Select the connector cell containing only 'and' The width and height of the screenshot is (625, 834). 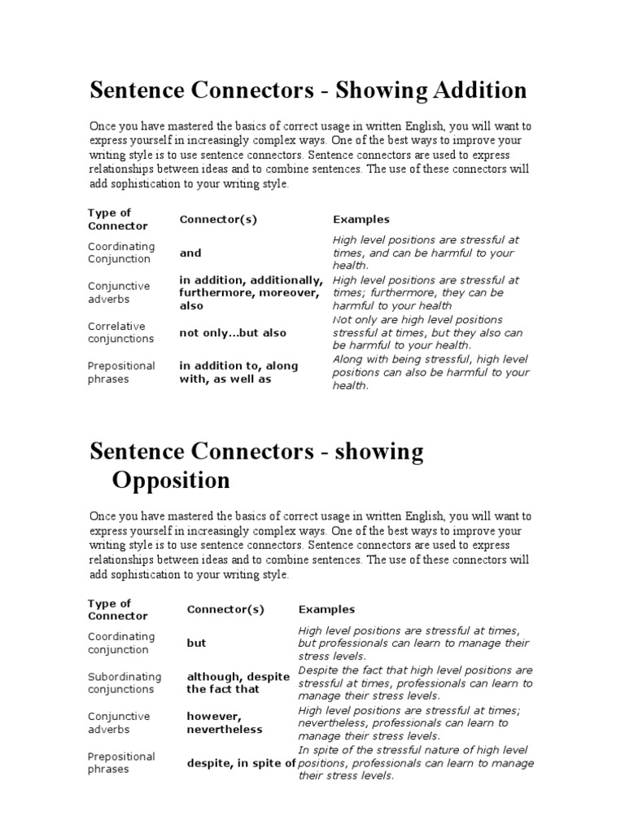[190, 253]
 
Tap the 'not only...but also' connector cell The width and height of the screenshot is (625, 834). [233, 333]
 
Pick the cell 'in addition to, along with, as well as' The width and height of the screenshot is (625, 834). [238, 372]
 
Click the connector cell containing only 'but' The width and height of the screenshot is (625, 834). [197, 643]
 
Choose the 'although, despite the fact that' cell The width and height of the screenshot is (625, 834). [238, 683]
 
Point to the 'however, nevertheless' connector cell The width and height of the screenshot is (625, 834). [225, 722]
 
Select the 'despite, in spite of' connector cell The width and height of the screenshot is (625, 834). [241, 763]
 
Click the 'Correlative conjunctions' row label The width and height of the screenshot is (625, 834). [120, 332]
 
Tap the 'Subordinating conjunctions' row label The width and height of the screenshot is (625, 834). [125, 683]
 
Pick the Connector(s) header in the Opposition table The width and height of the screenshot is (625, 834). [225, 609]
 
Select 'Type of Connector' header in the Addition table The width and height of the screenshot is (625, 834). [118, 219]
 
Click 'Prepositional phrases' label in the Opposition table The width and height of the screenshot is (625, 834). [121, 763]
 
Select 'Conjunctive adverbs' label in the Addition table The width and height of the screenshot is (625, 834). [119, 292]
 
